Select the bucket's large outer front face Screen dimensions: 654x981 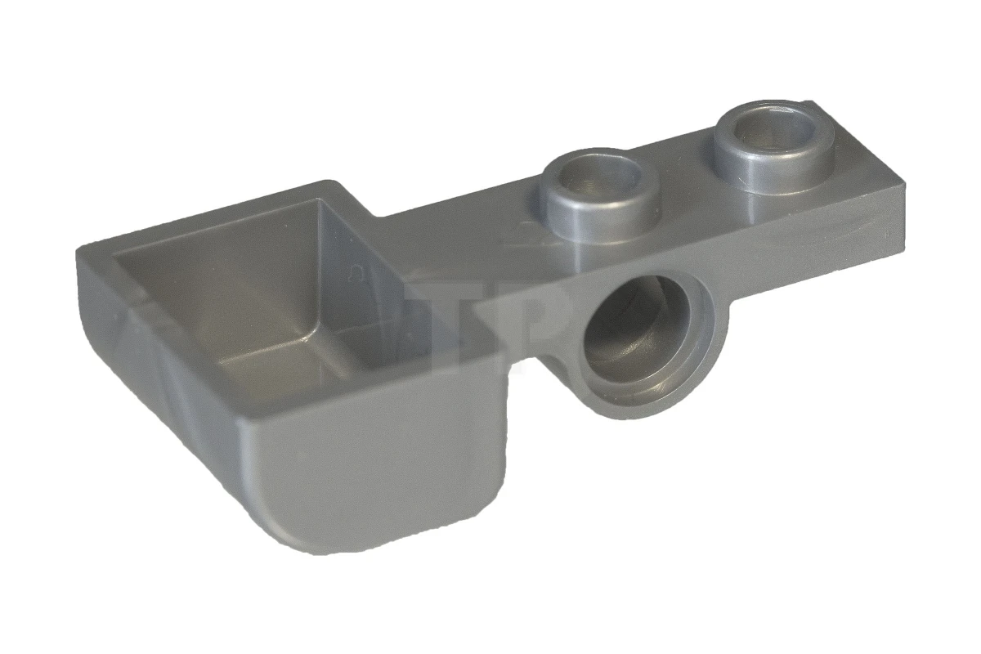376,474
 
